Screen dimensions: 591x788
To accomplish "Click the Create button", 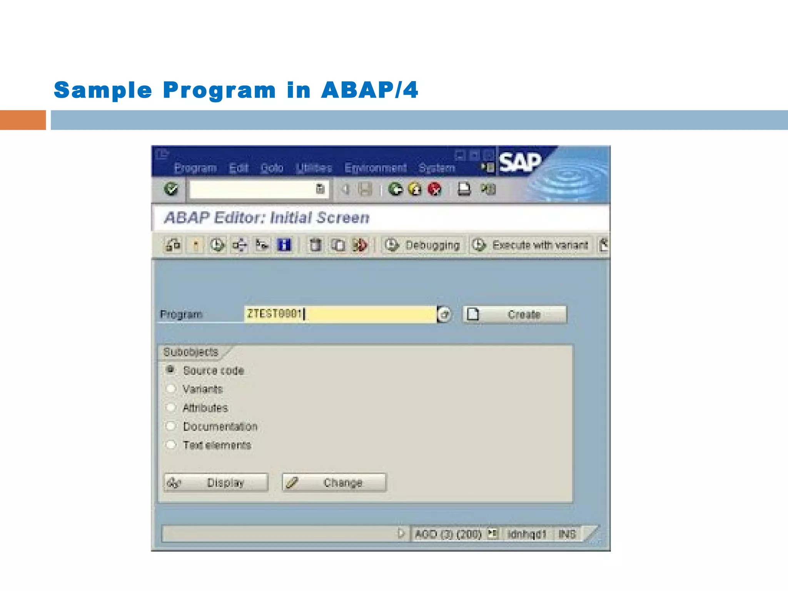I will coord(515,314).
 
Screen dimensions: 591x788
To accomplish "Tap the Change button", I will coord(334,482).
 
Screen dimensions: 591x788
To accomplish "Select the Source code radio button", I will coord(170,370).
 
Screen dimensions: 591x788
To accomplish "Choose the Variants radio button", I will coord(170,389).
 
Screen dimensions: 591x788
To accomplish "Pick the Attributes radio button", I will coord(170,407).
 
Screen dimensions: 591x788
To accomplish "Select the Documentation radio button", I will coord(170,426).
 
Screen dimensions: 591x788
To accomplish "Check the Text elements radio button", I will coord(170,445).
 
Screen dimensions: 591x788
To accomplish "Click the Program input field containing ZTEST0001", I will coord(340,314).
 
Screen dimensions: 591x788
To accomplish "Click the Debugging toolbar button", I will coord(423,245).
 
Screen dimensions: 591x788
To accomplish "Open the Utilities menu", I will coord(314,168).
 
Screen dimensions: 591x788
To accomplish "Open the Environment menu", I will coord(375,168).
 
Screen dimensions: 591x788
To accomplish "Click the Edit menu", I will coord(239,168).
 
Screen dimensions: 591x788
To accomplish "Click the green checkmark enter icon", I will coord(171,189).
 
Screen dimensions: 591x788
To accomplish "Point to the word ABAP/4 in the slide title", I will coord(369,90).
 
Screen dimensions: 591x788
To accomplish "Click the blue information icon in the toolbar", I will coord(284,245).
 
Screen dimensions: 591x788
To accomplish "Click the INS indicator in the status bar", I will coord(567,534).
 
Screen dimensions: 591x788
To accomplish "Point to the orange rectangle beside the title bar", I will coord(23,120).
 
